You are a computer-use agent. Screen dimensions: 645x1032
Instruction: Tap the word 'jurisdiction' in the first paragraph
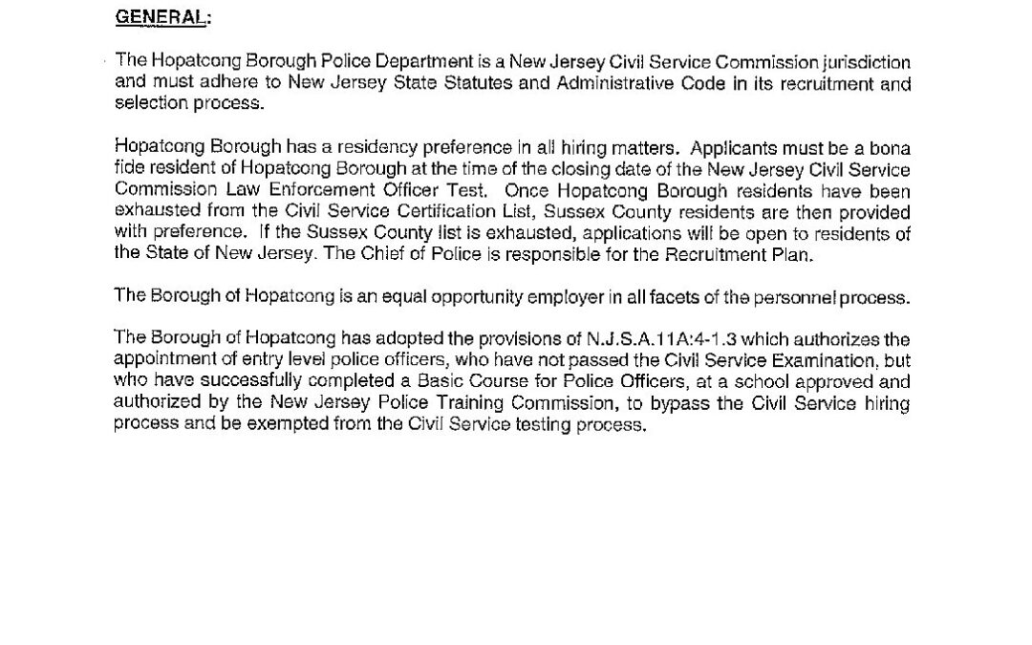pyautogui.click(x=865, y=63)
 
